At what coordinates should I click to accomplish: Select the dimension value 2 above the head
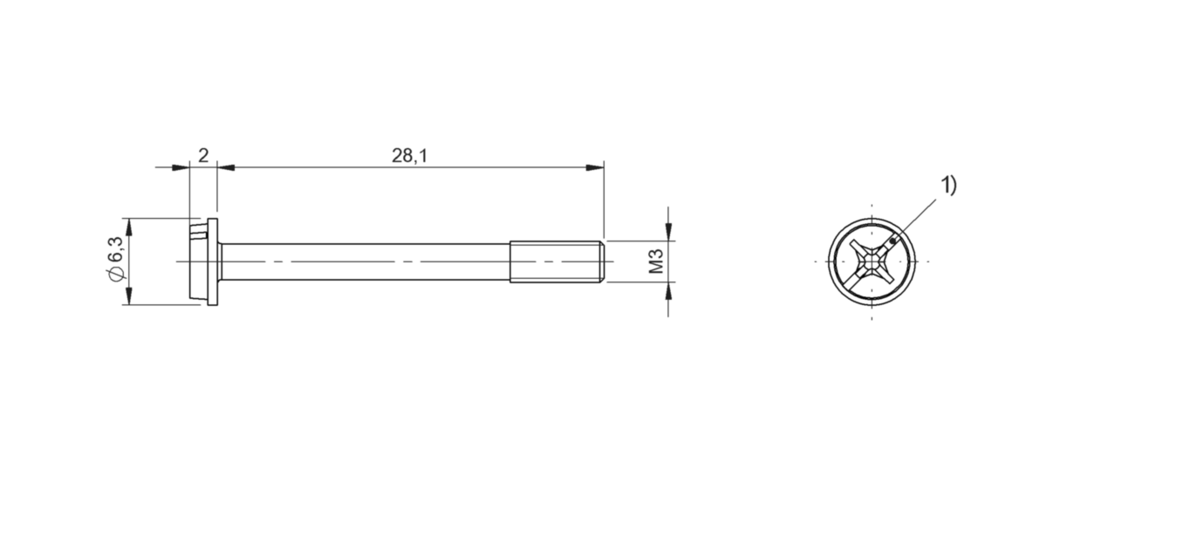203,156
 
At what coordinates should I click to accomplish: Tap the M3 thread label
657,261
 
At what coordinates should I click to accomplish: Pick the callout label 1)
947,186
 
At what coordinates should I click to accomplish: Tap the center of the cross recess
872,261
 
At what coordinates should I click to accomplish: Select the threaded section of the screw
555,261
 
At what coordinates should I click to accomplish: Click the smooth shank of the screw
366,261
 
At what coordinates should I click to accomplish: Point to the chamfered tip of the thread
601,261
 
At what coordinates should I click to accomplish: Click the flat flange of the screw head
213,261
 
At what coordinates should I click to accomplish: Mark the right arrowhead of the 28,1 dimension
596,166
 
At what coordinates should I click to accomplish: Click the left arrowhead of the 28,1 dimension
225,166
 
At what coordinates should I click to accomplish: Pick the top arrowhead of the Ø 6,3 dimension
128,226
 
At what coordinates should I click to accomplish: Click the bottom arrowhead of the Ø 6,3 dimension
128,297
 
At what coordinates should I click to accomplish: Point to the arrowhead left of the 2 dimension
181,166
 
